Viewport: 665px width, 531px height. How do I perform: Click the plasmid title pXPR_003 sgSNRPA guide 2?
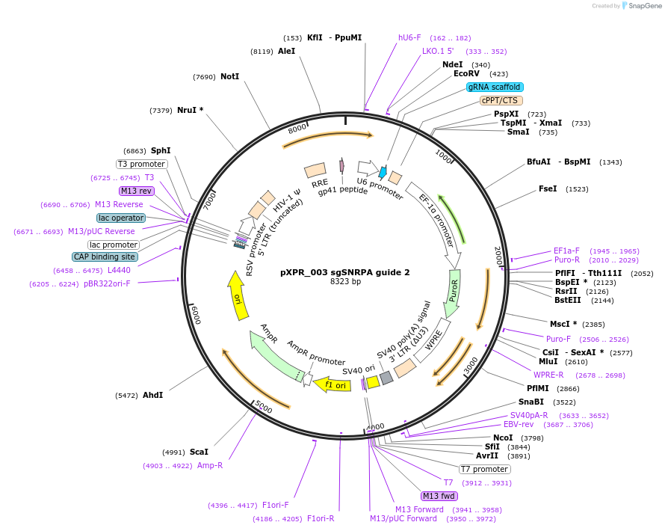point(345,272)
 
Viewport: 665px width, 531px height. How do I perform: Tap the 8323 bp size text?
point(345,282)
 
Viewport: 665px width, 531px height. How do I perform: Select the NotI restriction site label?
point(229,76)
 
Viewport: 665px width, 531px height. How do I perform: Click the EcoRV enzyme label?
point(466,74)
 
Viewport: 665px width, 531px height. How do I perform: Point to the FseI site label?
point(548,189)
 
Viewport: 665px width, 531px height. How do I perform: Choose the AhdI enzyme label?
point(152,394)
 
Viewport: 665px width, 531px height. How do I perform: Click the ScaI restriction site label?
point(199,452)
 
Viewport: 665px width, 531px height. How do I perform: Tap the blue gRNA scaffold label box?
point(495,87)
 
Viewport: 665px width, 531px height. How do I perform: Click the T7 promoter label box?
point(484,469)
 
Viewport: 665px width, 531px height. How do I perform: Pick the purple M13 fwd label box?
point(439,496)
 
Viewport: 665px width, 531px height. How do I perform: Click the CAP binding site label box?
point(105,257)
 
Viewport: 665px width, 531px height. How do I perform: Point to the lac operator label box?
point(120,218)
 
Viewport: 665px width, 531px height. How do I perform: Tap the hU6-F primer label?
point(409,37)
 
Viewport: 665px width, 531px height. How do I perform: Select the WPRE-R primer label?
point(548,375)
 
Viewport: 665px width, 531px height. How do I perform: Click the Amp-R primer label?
point(210,465)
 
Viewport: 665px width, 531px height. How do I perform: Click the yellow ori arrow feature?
point(238,296)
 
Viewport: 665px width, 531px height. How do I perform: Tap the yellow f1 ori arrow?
point(332,385)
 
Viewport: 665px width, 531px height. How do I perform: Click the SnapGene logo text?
point(644,6)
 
